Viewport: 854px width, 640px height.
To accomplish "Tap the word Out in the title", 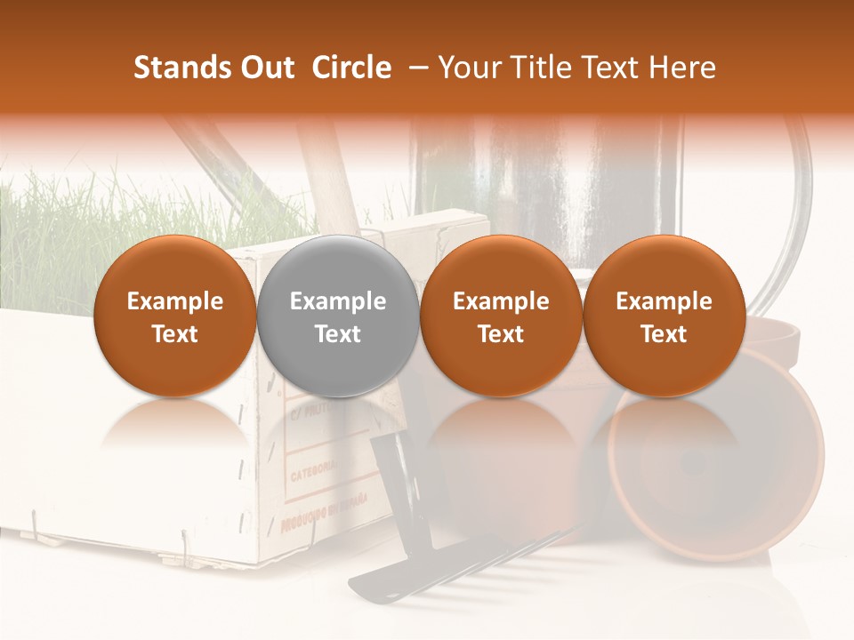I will point(266,68).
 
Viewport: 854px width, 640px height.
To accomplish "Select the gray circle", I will point(337,316).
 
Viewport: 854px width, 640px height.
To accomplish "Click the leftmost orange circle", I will point(174,316).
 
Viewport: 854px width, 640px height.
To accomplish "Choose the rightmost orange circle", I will point(664,316).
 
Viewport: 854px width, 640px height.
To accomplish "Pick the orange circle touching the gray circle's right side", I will point(501,316).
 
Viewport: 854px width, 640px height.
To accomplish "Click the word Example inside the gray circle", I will point(337,301).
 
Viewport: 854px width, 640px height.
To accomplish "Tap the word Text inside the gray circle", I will point(337,334).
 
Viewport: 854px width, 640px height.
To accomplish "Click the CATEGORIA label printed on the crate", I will point(313,467).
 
